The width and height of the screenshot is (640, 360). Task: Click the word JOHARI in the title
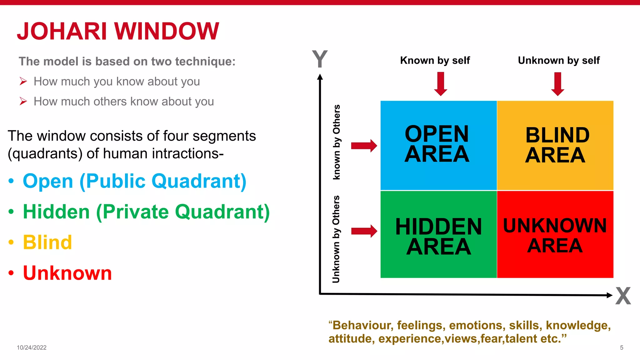tap(62, 31)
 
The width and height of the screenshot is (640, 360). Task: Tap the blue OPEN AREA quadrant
tap(438, 145)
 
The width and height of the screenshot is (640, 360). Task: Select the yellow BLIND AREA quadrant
tap(555, 145)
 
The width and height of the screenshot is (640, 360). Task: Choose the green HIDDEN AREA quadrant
tap(438, 234)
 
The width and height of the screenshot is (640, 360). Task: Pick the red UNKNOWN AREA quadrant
tap(555, 234)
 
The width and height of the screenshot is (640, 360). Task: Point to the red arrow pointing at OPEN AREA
tap(364, 146)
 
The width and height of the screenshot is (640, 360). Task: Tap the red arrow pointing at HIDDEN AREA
tap(364, 231)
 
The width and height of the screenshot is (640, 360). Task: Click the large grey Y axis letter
tap(320, 59)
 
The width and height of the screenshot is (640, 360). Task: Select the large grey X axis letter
tap(623, 296)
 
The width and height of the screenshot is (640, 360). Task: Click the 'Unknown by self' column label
tap(558, 60)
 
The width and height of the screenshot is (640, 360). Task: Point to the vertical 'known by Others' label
tap(336, 142)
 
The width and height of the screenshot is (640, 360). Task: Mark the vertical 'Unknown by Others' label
tap(336, 239)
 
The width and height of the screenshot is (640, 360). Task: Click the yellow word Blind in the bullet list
tap(47, 242)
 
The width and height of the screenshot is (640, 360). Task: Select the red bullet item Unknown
tap(67, 273)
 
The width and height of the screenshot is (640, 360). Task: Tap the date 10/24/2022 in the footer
tap(32, 347)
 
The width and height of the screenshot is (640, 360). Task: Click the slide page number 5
tap(622, 347)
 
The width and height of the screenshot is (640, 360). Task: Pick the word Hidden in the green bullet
tap(57, 212)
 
